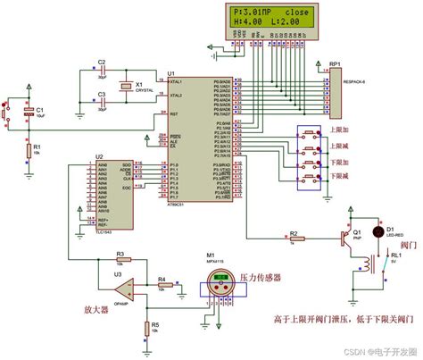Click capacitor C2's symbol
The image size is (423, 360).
click(102, 70)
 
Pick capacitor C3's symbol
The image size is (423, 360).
click(102, 100)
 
